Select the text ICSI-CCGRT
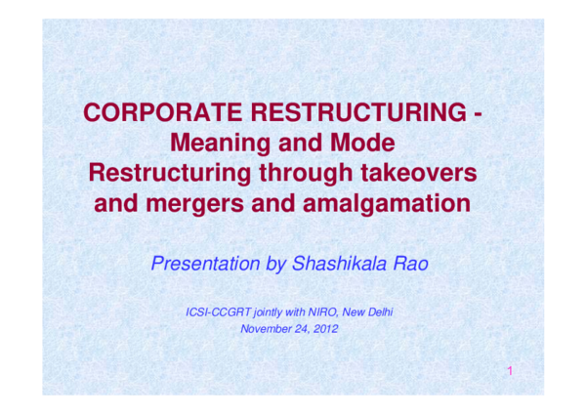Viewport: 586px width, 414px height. pyautogui.click(x=218, y=311)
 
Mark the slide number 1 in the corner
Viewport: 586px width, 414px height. pyautogui.click(x=510, y=371)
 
